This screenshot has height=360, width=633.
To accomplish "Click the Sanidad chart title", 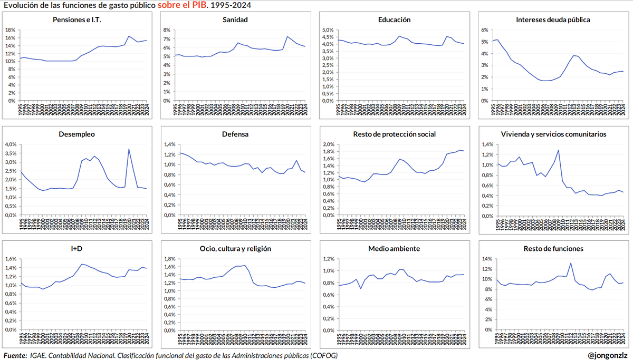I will (x=235, y=20).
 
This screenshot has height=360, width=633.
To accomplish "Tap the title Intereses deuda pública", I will (x=553, y=20).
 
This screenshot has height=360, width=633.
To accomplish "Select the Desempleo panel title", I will (x=77, y=134).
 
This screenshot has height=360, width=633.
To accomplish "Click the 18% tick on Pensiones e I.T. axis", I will (x=11, y=30).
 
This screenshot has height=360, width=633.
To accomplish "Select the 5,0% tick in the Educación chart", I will (x=328, y=30).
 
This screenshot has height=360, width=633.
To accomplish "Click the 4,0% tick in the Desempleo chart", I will (x=11, y=144).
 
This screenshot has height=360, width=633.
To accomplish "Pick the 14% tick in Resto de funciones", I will (x=486, y=259).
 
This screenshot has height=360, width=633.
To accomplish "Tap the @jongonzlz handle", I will (x=607, y=355).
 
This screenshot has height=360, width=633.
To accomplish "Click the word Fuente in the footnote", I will (x=15, y=355).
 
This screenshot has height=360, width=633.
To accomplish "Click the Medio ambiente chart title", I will (x=394, y=248).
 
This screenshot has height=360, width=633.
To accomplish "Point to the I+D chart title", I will (x=77, y=248).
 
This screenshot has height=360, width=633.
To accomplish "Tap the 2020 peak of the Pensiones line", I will (x=129, y=36).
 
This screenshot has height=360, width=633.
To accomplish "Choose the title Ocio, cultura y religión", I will (x=235, y=248).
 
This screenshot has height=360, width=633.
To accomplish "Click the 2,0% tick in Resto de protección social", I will (x=328, y=144).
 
